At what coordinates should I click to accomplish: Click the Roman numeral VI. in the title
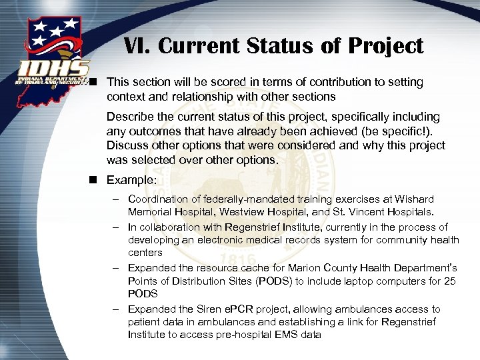click(137, 46)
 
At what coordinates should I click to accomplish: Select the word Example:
click(130, 180)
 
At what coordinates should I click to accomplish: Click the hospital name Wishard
click(413, 199)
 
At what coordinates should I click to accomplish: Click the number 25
click(449, 281)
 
